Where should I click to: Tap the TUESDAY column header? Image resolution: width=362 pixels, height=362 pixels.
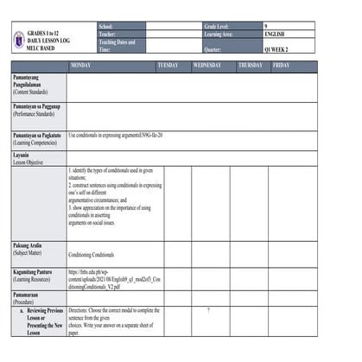tap(168, 66)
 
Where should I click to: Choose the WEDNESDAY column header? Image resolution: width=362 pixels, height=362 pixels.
tap(207, 66)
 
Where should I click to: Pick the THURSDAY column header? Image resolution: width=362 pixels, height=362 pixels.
tap(251, 66)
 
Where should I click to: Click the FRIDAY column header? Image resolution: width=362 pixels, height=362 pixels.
tap(282, 66)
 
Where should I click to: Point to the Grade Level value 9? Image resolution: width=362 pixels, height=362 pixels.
tap(266, 27)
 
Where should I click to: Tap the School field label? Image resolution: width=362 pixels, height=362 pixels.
tap(106, 27)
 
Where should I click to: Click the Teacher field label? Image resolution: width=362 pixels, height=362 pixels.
tap(108, 35)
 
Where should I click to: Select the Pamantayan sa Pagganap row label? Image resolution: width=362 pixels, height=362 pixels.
tap(37, 109)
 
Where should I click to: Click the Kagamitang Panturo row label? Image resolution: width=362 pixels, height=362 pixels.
tap(35, 275)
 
